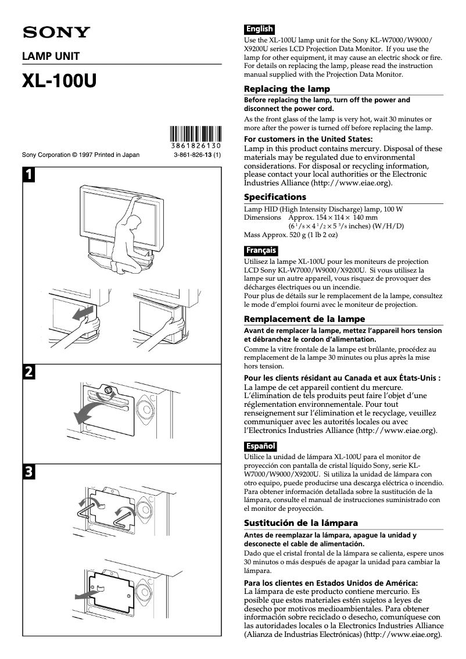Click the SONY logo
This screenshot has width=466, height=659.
coord(56,33)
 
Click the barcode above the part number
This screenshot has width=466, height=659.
coord(196,134)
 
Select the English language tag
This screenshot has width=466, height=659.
coord(259,29)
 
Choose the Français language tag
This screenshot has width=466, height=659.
coord(261,251)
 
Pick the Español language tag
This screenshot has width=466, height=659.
coord(260,446)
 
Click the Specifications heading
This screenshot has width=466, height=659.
coord(275,197)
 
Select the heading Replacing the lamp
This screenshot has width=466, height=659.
coord(287,89)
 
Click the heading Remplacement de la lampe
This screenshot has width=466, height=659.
coord(304,319)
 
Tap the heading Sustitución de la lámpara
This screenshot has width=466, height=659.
coord(301,522)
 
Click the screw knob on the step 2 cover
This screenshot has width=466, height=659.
coord(107,391)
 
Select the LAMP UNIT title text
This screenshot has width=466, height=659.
coord(51,56)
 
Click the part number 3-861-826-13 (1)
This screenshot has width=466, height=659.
coord(197,155)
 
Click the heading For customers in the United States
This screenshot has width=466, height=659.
coord(308,139)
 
